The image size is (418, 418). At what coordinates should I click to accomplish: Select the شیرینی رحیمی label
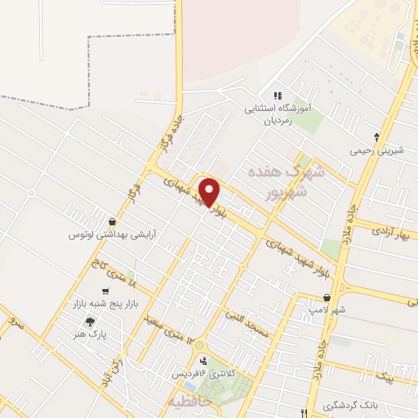[x=376, y=150]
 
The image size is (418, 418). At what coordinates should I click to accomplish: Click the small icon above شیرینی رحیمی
[x=376, y=136]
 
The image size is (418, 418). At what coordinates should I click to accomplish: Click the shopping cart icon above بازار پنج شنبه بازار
[x=104, y=291]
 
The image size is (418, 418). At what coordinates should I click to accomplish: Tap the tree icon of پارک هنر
[x=89, y=320]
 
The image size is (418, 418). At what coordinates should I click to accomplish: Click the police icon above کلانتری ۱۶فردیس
[x=203, y=360]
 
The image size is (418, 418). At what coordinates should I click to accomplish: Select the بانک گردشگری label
[x=350, y=405]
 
